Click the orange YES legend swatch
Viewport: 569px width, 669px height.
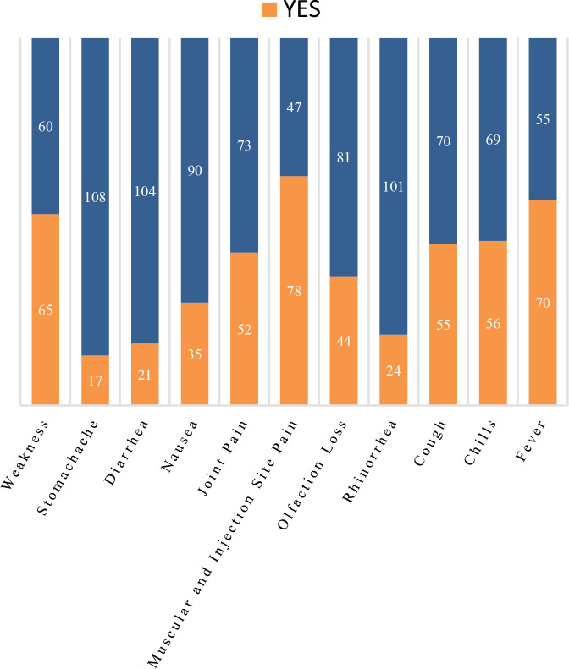[269, 9]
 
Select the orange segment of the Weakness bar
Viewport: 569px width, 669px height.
[45, 309]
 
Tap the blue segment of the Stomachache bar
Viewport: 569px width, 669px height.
[96, 197]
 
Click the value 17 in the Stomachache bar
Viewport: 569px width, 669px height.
[96, 380]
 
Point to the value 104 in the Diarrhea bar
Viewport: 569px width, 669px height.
[145, 191]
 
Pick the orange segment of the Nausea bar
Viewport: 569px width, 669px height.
[195, 354]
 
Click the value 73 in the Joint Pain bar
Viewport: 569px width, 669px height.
[245, 145]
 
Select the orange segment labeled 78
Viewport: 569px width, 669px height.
[294, 290]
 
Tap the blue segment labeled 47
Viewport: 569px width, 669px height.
[294, 107]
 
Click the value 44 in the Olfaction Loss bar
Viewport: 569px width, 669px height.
[344, 341]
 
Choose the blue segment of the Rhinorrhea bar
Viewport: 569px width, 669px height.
[394, 186]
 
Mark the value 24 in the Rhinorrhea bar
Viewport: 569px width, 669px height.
[394, 370]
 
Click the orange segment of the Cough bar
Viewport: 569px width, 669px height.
[443, 324]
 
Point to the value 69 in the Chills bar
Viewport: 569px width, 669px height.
[493, 140]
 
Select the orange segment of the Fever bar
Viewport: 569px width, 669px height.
[543, 302]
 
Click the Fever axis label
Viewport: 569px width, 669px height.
[531, 441]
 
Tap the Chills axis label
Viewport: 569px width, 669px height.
[480, 442]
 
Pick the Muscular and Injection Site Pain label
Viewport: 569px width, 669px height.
[222, 543]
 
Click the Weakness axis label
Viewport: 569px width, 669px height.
[25, 454]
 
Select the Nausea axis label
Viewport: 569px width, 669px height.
[180, 446]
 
